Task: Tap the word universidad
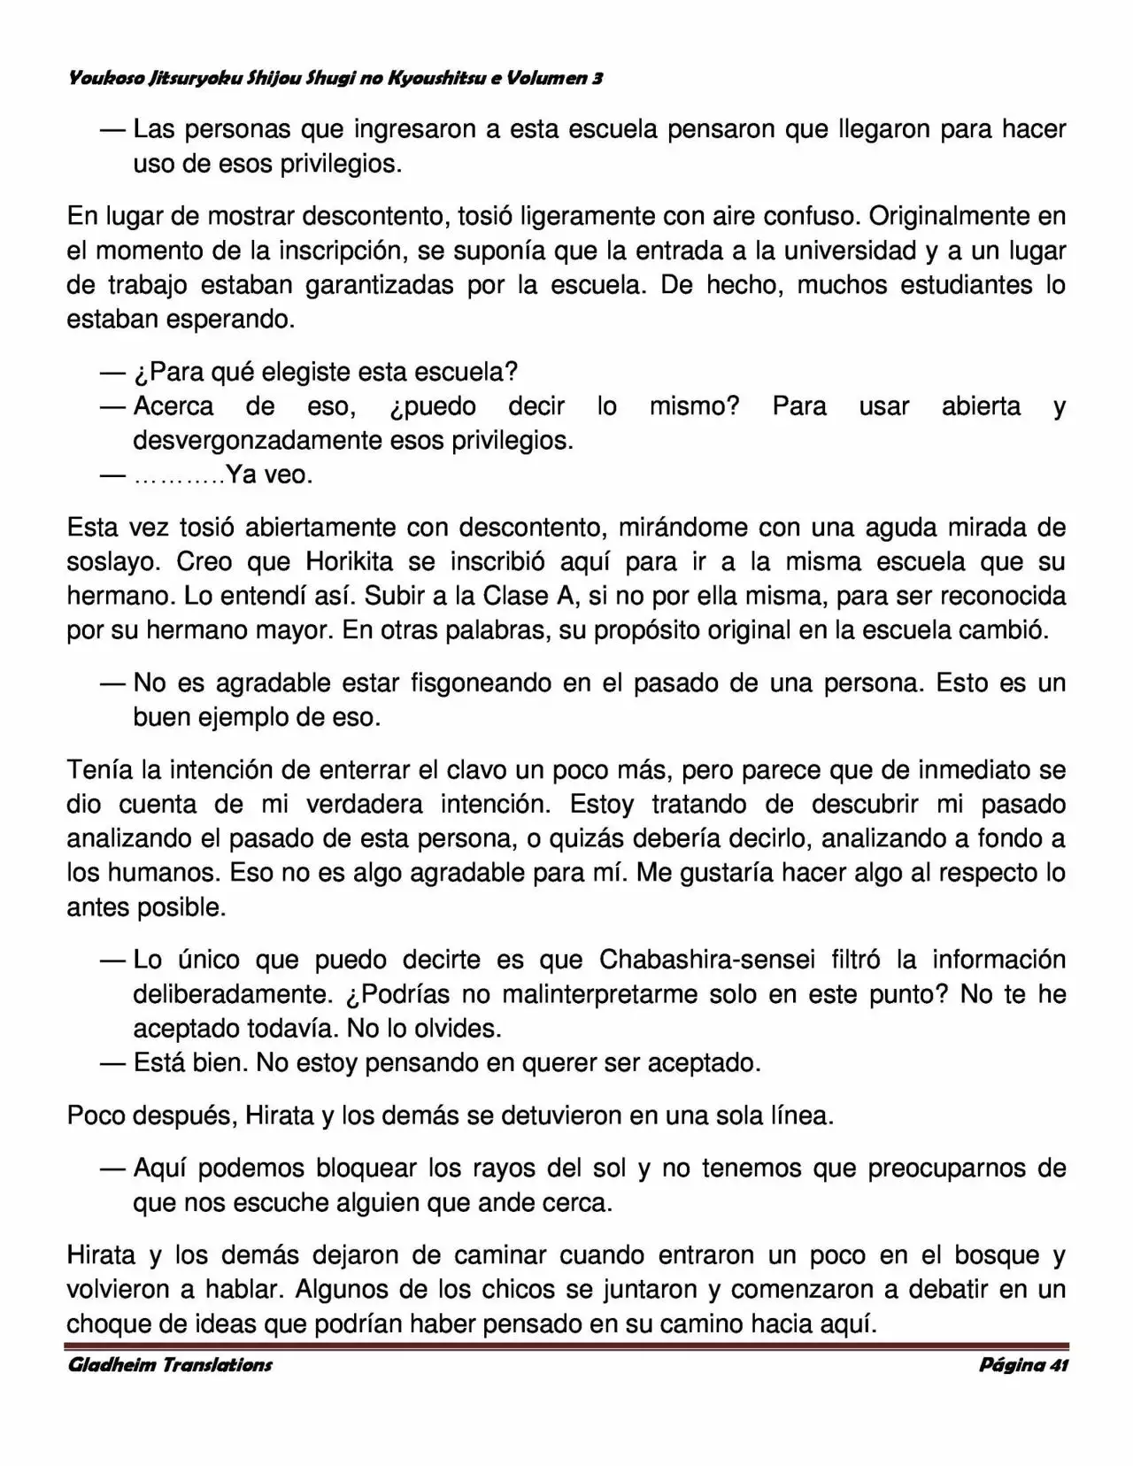tap(839, 251)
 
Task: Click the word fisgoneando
tap(481, 683)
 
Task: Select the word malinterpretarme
tap(626, 994)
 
